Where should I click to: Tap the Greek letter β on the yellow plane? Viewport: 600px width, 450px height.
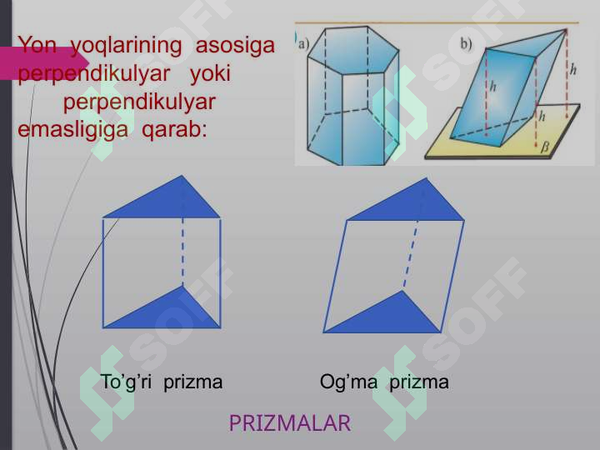point(546,147)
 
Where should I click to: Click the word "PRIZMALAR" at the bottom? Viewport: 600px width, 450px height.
point(290,423)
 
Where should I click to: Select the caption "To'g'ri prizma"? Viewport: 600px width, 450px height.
point(162,382)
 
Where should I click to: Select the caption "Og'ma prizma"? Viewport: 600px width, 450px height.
point(384,382)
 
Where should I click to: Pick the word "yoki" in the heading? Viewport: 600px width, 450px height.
point(211,73)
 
